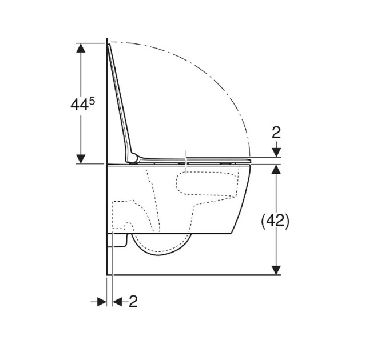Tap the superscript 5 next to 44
tap(92, 101)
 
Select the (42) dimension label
tap(275, 221)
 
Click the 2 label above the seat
tap(276, 133)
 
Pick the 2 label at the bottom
tap(133, 302)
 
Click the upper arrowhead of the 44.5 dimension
tap(81, 48)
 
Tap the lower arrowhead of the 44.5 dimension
tap(81, 159)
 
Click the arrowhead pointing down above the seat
tap(276, 153)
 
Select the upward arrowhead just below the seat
tap(276, 169)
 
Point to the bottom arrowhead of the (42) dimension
tap(276, 270)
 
